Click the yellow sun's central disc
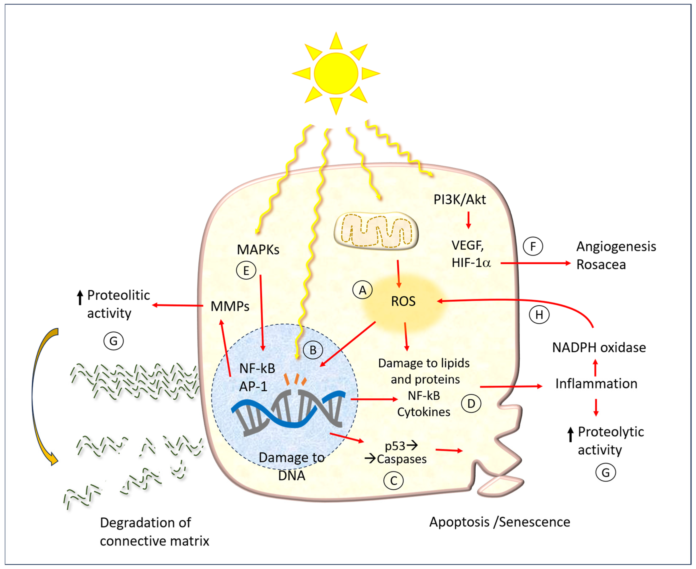[x=336, y=74]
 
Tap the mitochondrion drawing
[x=376, y=231]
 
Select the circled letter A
[x=362, y=290]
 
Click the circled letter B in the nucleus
[x=313, y=350]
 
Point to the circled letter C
[x=393, y=481]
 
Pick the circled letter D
[x=471, y=403]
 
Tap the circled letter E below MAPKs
[x=246, y=270]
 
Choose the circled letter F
[x=533, y=246]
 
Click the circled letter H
[x=539, y=315]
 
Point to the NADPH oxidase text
[x=599, y=347]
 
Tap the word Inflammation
[x=596, y=383]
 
